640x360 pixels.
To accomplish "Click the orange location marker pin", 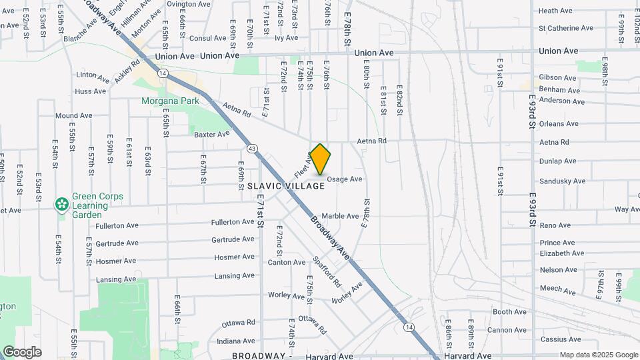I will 321,160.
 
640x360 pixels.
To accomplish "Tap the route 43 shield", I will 251,148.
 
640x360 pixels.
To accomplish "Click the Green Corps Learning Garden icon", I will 62,203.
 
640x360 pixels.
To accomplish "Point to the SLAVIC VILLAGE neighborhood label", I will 286,186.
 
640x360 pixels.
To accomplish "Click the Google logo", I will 22,352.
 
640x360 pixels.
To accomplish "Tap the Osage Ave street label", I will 345,179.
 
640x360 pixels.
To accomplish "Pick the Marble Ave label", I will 341,216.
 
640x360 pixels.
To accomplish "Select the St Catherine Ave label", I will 566,28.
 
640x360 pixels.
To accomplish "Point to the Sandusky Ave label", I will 558,181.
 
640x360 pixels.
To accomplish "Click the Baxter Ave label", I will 211,134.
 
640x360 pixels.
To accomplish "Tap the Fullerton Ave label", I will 232,222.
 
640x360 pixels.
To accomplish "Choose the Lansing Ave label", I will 235,276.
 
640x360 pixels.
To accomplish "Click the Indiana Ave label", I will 236,341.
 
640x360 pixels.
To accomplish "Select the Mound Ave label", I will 73,115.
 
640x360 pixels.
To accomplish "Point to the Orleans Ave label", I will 559,124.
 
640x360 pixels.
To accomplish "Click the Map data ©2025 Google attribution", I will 598,355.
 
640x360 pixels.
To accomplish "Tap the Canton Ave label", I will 287,262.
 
